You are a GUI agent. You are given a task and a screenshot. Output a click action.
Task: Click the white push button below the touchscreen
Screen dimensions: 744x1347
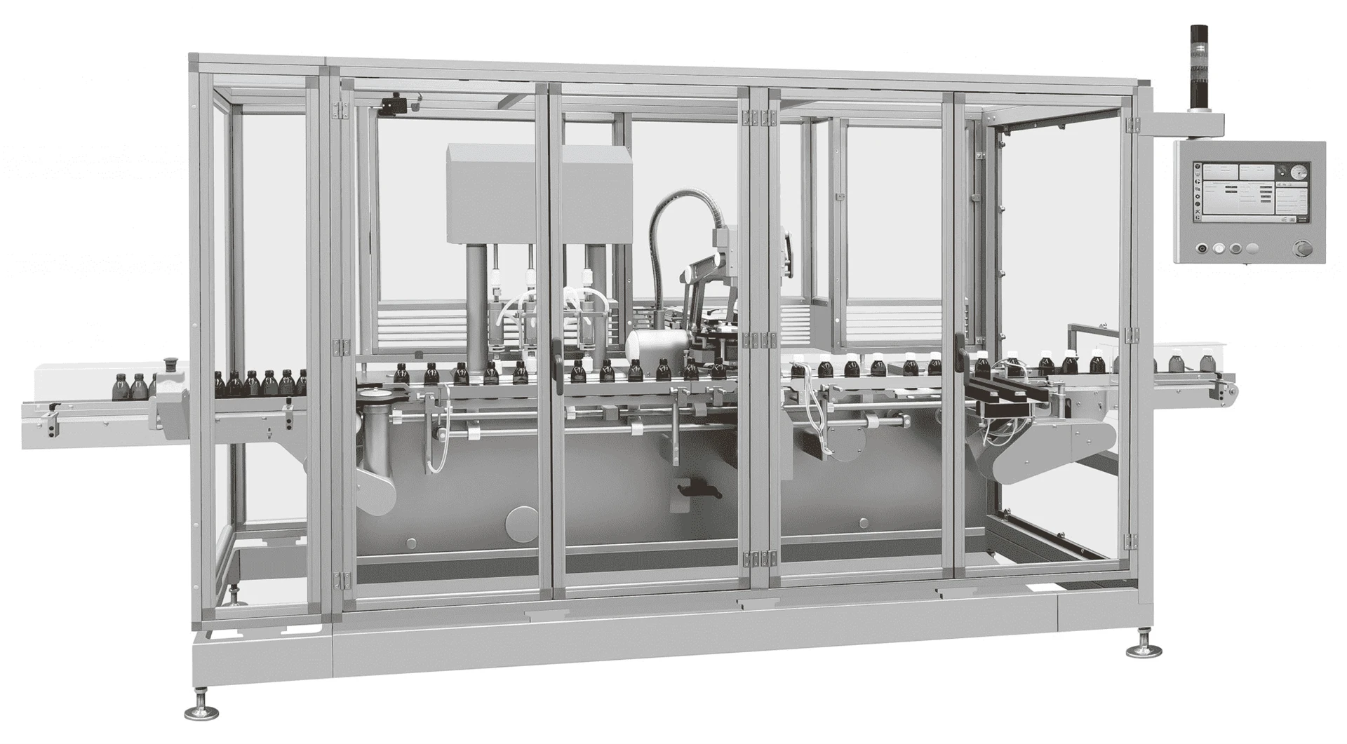pyautogui.click(x=1218, y=248)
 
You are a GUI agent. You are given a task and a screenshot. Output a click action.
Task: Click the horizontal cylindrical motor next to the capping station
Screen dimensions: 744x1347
pyautogui.click(x=648, y=346)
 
